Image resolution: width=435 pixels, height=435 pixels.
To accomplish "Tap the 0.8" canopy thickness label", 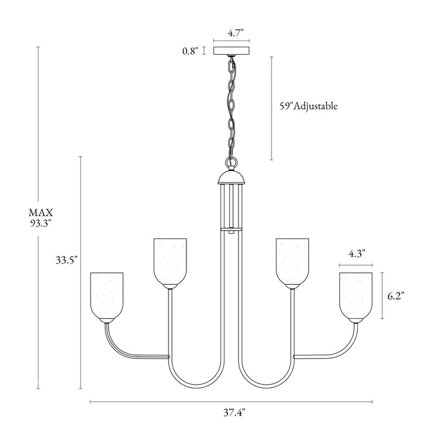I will point(190,52).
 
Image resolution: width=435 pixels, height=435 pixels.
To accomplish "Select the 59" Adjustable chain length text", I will point(308,106).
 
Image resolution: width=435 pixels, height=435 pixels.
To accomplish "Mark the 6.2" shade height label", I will point(395,296).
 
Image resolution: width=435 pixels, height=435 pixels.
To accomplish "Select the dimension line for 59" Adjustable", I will point(272,108).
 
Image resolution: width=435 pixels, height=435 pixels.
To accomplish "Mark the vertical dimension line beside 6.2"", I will point(382,296).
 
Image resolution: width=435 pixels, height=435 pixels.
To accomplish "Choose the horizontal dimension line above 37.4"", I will point(231,401).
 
